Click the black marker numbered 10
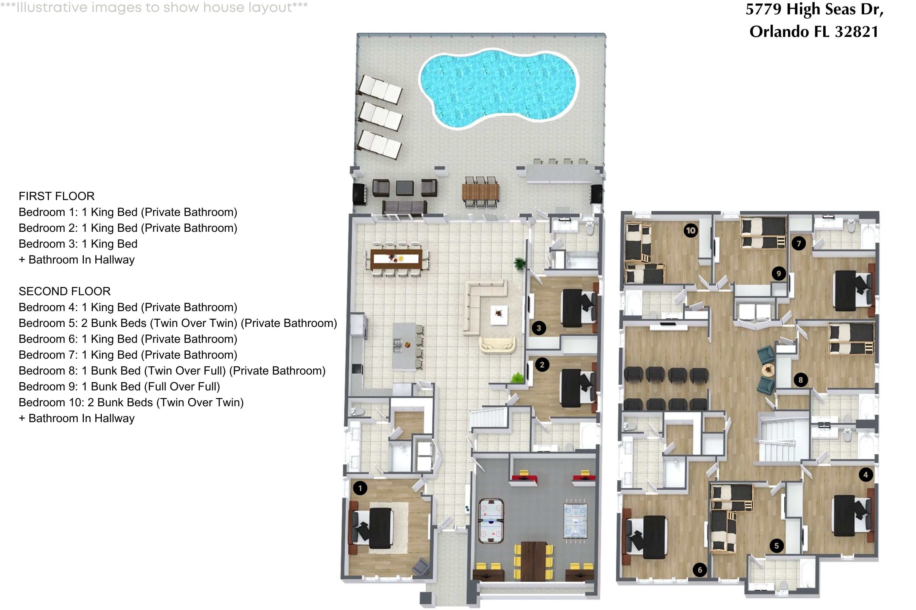(690, 230)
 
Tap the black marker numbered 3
(539, 328)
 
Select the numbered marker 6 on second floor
(700, 570)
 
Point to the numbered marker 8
(800, 380)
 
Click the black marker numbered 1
(360, 488)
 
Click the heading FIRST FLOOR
(56, 196)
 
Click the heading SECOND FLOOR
(65, 291)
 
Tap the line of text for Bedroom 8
(172, 371)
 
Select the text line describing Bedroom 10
(131, 402)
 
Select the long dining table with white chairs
(396, 259)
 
